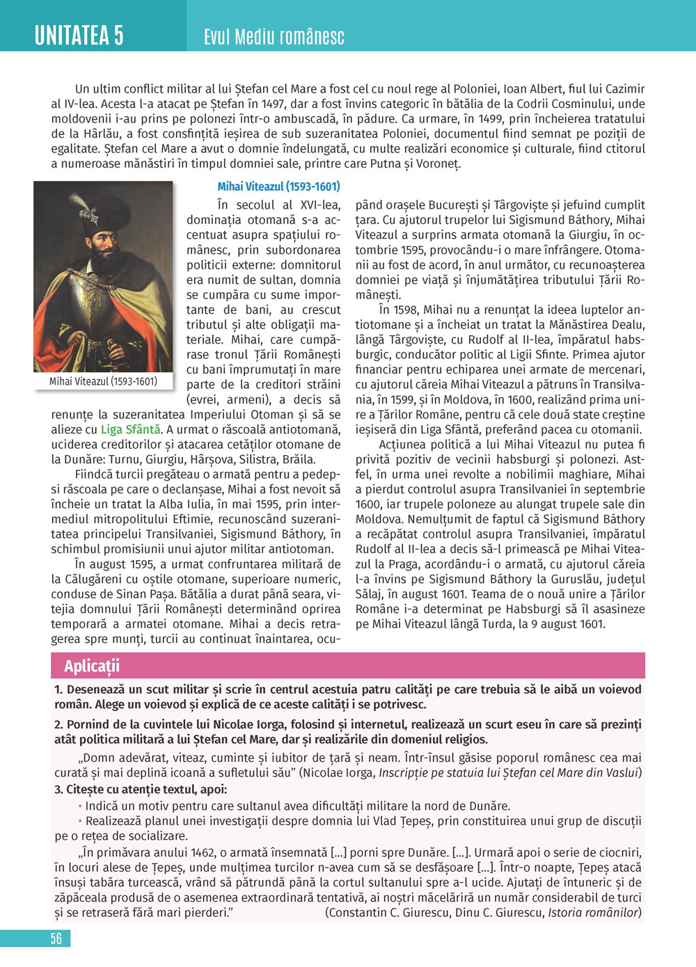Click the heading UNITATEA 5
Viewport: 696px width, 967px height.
point(79,34)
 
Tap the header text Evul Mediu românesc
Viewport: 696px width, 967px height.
point(274,37)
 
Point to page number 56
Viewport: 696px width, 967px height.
point(56,938)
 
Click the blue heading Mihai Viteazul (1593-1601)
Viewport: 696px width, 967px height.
point(278,186)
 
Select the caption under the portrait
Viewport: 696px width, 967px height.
point(103,381)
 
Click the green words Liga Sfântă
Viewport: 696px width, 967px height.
point(131,429)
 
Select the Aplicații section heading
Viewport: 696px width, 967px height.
point(92,666)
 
